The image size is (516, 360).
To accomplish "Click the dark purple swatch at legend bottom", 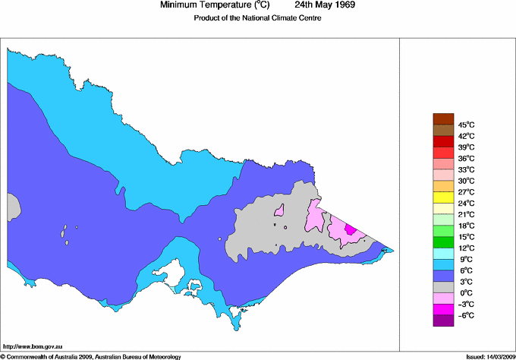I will coord(442,321).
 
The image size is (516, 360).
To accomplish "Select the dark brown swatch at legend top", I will coord(442,118).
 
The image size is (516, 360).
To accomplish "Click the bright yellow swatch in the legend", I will coord(442,197).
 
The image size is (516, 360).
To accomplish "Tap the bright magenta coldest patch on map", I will coord(350,228).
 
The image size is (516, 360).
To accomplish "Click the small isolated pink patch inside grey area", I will coord(278,210).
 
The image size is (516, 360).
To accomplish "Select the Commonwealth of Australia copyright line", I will coord(91,355).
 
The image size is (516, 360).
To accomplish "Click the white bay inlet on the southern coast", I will coord(168,271).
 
